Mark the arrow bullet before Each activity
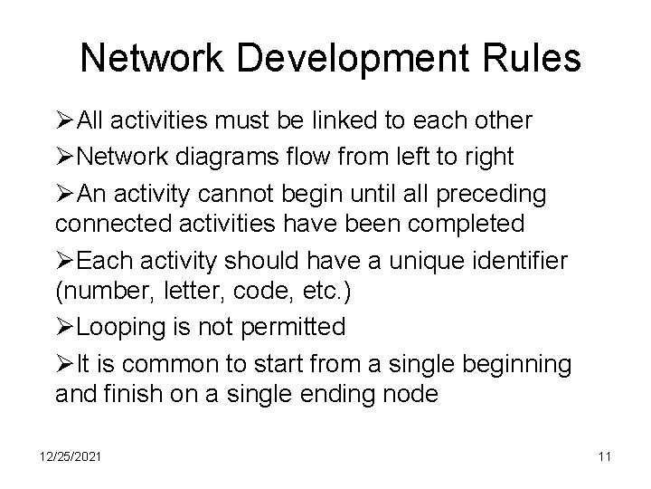point(66,262)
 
